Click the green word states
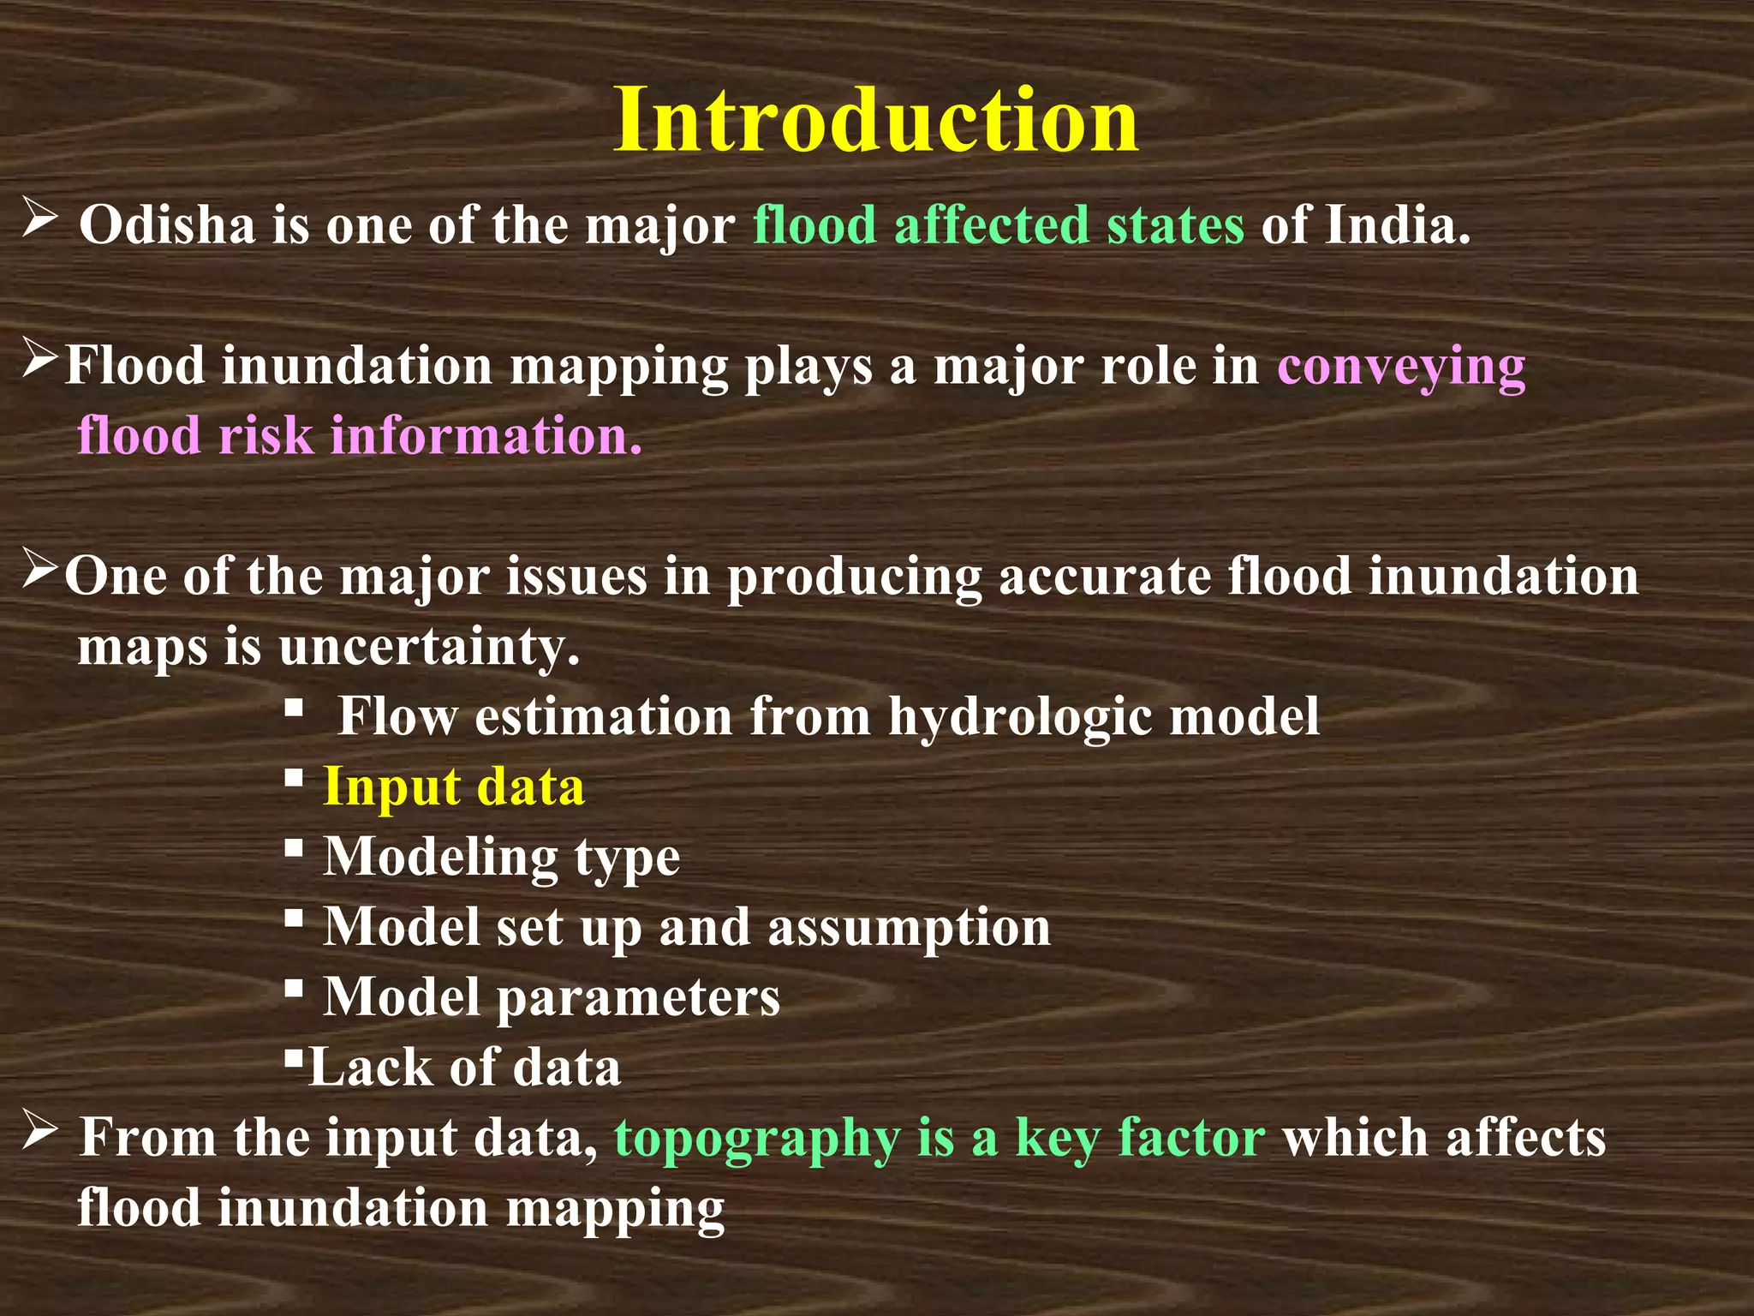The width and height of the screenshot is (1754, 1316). tap(1175, 225)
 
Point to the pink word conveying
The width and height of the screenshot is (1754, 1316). tap(1401, 367)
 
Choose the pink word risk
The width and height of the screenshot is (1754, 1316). tap(265, 435)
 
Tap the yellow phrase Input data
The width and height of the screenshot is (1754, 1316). tap(454, 787)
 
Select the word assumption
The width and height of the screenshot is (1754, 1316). tap(909, 927)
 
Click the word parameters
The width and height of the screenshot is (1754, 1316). tap(638, 997)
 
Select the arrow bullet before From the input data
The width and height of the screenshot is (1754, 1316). tap(39, 1131)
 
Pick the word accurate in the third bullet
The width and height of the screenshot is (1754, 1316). tap(1104, 576)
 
